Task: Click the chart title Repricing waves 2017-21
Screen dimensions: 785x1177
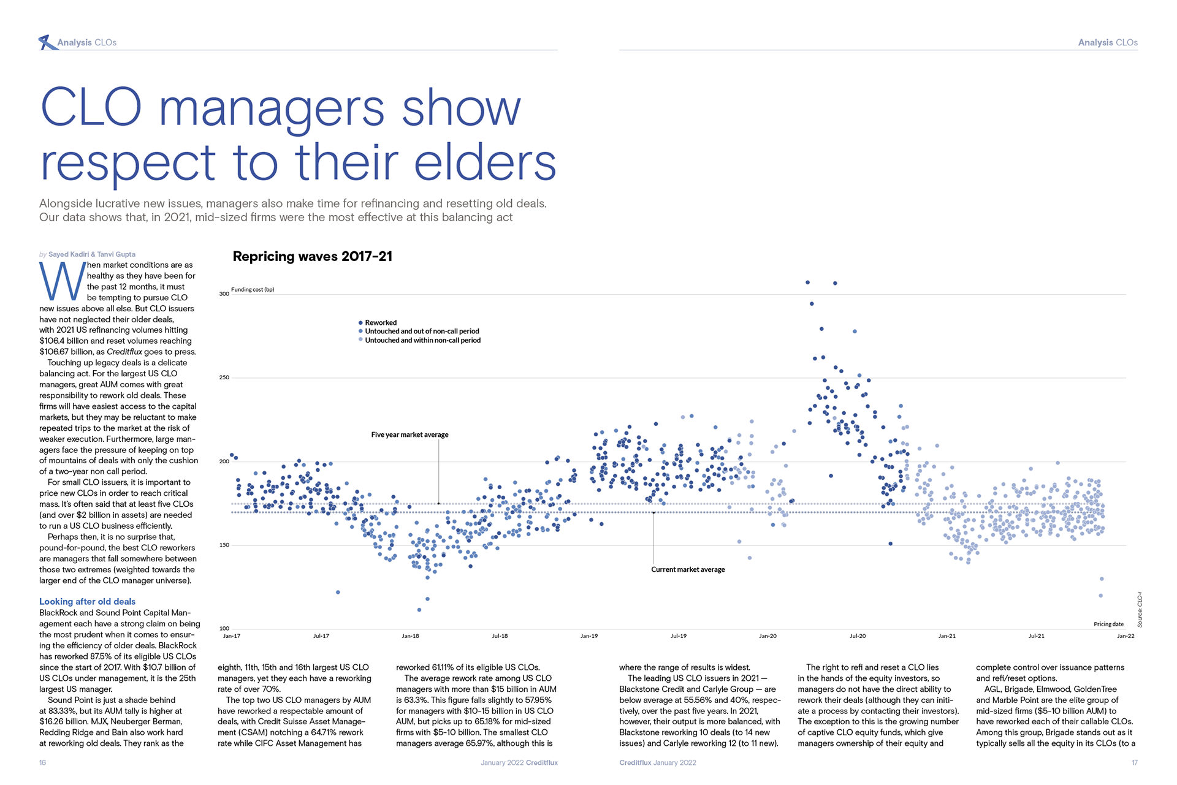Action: [x=312, y=257]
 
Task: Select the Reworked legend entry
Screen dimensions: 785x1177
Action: [x=380, y=323]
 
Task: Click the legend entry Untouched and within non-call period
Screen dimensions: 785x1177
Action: [x=422, y=341]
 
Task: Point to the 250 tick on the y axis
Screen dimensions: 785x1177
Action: [x=224, y=377]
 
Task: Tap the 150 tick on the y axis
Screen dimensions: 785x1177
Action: [x=224, y=545]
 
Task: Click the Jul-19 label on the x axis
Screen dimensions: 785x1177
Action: [x=678, y=636]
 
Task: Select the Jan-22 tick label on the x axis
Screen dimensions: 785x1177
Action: [x=1126, y=636]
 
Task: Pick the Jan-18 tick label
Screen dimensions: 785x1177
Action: [x=410, y=636]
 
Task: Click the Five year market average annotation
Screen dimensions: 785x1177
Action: [x=409, y=435]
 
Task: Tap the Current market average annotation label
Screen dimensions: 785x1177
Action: [x=688, y=570]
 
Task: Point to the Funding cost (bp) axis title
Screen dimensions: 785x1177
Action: [x=253, y=290]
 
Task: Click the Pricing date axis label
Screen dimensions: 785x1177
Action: [x=1108, y=624]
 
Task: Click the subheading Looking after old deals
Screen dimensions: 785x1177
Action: [x=87, y=602]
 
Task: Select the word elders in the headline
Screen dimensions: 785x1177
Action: [x=485, y=164]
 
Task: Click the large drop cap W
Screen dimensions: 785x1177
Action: [x=62, y=283]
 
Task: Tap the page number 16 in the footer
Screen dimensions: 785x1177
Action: [x=43, y=763]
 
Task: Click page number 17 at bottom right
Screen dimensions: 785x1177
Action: [x=1134, y=763]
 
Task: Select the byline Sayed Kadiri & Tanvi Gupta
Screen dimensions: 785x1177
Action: [x=92, y=254]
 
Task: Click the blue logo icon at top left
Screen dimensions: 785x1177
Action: [x=47, y=42]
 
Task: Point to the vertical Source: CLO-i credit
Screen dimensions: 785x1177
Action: [x=1140, y=610]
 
